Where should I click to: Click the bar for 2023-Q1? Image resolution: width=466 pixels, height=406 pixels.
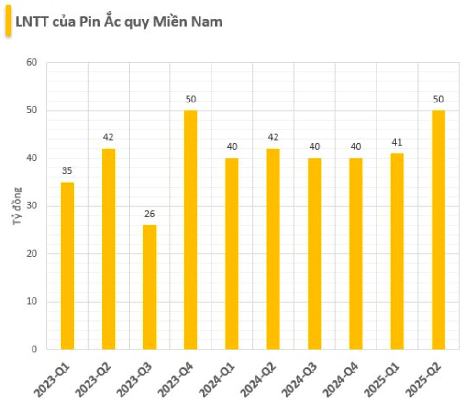pyautogui.click(x=67, y=266)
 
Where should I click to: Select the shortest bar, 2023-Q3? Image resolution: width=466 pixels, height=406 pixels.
pyautogui.click(x=149, y=287)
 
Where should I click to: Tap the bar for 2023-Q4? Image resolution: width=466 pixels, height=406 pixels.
pyautogui.click(x=190, y=230)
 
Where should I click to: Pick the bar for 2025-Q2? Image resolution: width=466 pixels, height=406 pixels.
pyautogui.click(x=438, y=230)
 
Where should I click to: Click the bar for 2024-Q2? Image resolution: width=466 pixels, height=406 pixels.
pyautogui.click(x=273, y=249)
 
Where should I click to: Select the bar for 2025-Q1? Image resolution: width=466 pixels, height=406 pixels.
pyautogui.click(x=397, y=251)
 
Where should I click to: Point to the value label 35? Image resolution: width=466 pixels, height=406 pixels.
pyautogui.click(x=67, y=171)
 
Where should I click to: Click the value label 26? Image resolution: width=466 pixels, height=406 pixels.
pyautogui.click(x=149, y=214)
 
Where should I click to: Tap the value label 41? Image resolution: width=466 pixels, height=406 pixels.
pyautogui.click(x=397, y=142)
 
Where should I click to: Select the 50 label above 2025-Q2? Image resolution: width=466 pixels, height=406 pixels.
pyautogui.click(x=438, y=99)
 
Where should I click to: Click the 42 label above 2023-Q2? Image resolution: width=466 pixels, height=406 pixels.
pyautogui.click(x=108, y=137)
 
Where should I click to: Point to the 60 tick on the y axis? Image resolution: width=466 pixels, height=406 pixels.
pyautogui.click(x=32, y=63)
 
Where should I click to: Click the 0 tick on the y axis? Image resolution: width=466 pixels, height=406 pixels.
pyautogui.click(x=34, y=350)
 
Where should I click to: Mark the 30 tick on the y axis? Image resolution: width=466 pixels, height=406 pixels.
pyautogui.click(x=32, y=206)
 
